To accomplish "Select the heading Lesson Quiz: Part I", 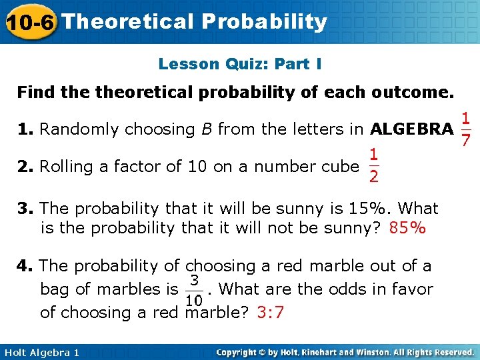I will click(240, 64).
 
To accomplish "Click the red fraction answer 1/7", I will click(467, 129).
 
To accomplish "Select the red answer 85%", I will click(407, 229).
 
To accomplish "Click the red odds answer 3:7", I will click(270, 312).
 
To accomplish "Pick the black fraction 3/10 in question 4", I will click(195, 289).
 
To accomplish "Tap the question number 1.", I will click(25, 129).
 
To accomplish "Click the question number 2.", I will click(25, 166).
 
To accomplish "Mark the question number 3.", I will click(25, 208).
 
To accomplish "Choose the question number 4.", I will click(25, 266).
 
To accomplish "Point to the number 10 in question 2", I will click(197, 166).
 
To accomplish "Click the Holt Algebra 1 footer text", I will click(41, 352).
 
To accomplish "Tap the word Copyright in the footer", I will click(239, 352).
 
